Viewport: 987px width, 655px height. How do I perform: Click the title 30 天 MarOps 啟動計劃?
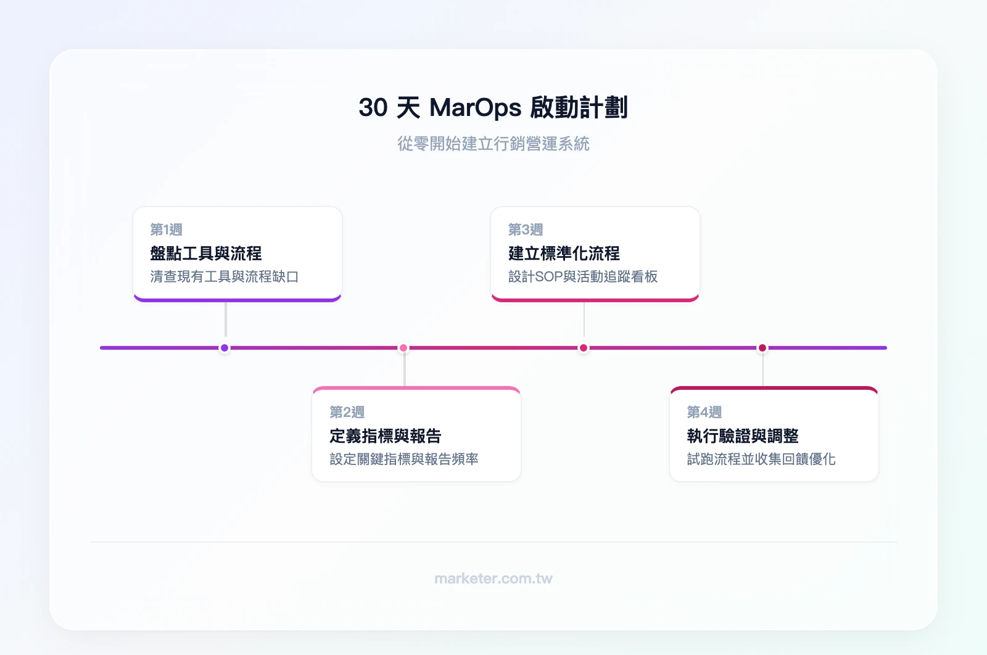[x=493, y=107]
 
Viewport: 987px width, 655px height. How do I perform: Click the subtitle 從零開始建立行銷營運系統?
[x=493, y=144]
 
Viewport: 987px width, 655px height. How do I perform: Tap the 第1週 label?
[x=166, y=229]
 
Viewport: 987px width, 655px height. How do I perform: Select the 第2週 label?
[x=347, y=412]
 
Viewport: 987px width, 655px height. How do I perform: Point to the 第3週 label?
[x=525, y=229]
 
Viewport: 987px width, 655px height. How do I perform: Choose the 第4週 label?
[x=704, y=412]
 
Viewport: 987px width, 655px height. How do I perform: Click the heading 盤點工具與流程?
[x=206, y=253]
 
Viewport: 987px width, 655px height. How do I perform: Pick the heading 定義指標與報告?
[x=386, y=436]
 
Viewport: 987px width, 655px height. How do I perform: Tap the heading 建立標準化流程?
[x=564, y=253]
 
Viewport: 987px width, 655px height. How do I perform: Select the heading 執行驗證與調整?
[x=743, y=436]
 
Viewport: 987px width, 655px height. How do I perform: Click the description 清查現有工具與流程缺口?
[x=225, y=276]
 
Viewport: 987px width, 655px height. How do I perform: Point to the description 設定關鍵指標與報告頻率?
[x=404, y=459]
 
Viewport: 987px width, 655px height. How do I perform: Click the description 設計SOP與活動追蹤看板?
[x=583, y=276]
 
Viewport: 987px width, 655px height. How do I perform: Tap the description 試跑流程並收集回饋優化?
[x=761, y=459]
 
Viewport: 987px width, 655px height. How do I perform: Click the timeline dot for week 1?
[x=225, y=348]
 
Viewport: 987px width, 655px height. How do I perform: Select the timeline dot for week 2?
[x=403, y=348]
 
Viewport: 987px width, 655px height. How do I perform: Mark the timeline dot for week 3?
[x=584, y=348]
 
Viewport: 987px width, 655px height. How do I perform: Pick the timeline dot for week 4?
[x=762, y=348]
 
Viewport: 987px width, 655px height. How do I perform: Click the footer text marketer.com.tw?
[x=493, y=579]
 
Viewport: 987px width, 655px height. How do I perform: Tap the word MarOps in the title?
[x=475, y=107]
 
